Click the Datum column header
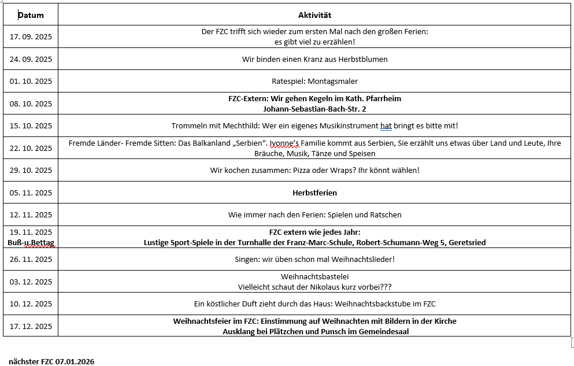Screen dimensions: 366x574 point(31,15)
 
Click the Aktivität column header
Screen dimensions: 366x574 point(314,15)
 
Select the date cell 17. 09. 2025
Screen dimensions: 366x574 point(31,36)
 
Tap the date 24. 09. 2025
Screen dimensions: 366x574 point(31,59)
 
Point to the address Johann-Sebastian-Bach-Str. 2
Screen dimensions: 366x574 point(314,109)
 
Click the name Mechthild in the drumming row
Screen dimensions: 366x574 point(234,126)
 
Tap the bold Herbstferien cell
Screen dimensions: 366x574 point(314,193)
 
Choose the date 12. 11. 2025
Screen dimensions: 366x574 point(31,215)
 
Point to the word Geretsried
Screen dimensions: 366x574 point(466,243)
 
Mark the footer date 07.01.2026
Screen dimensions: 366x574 point(75,362)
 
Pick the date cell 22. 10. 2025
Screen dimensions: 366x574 point(31,148)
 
